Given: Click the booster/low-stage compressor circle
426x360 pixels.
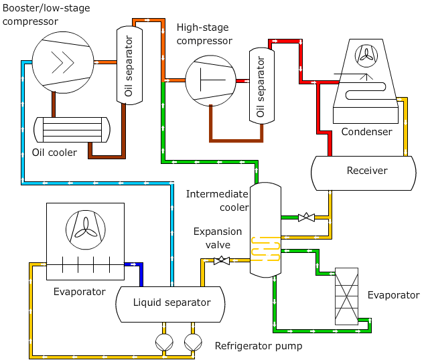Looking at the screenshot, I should click(x=63, y=63).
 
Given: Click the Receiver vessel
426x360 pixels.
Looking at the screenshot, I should click(x=366, y=171).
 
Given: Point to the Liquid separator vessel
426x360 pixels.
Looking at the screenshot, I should click(x=171, y=303).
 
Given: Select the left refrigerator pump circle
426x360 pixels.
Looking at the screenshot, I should click(x=164, y=343).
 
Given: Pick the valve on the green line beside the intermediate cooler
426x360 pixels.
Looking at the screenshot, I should click(x=306, y=217).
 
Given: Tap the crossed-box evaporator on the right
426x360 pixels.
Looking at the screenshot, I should click(x=346, y=296).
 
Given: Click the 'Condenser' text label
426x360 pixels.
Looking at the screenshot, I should click(x=366, y=132).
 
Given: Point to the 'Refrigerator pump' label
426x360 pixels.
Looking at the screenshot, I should click(x=259, y=346).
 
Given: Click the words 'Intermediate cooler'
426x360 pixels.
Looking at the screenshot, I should click(x=217, y=200).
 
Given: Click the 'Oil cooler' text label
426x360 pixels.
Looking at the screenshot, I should click(x=54, y=153).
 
